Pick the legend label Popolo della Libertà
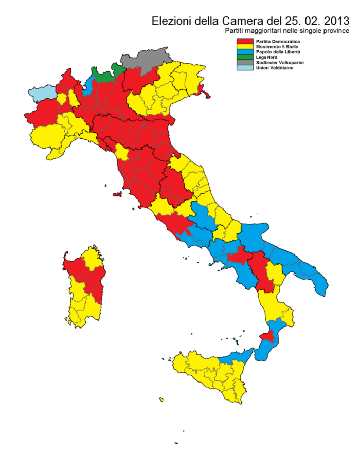pos(272,52)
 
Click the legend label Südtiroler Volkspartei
pos(275,63)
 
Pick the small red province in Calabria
pos(267,337)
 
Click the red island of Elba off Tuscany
pos(118,195)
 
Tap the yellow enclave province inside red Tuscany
pos(122,152)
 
